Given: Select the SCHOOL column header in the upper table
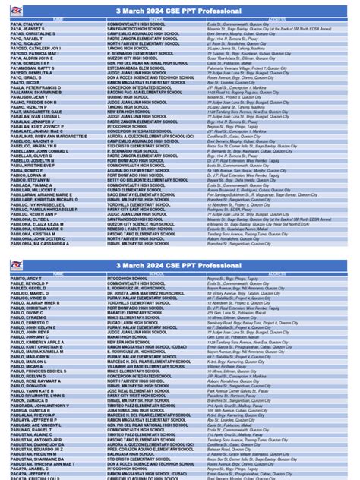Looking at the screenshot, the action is (x=155, y=18).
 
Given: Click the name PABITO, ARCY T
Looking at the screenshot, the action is (x=27, y=279).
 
